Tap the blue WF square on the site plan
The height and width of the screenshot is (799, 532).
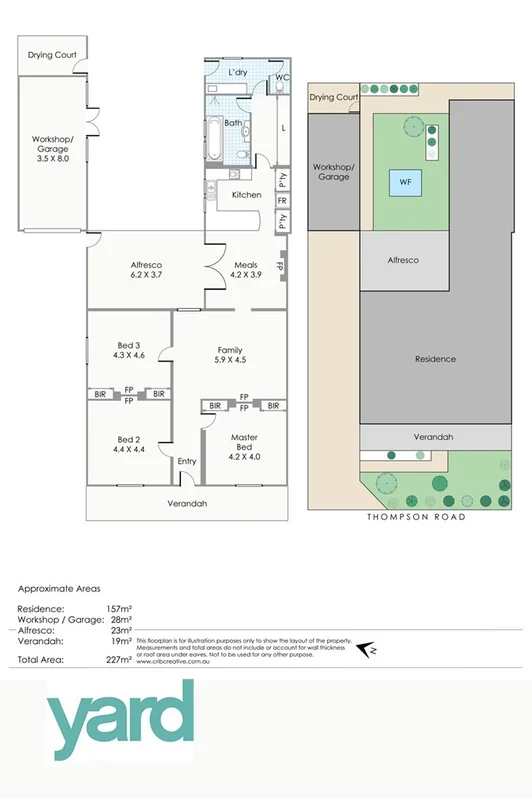405,183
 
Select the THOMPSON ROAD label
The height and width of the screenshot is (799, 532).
416,517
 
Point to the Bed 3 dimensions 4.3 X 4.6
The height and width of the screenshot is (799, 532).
130,355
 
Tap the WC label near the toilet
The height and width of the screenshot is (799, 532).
282,77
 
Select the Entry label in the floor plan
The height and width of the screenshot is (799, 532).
187,461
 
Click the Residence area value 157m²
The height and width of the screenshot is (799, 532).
119,608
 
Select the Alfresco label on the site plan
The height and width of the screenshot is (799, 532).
402,260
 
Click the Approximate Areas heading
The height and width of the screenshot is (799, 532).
60,589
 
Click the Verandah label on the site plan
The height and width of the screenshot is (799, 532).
434,437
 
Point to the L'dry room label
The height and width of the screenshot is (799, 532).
237,74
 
